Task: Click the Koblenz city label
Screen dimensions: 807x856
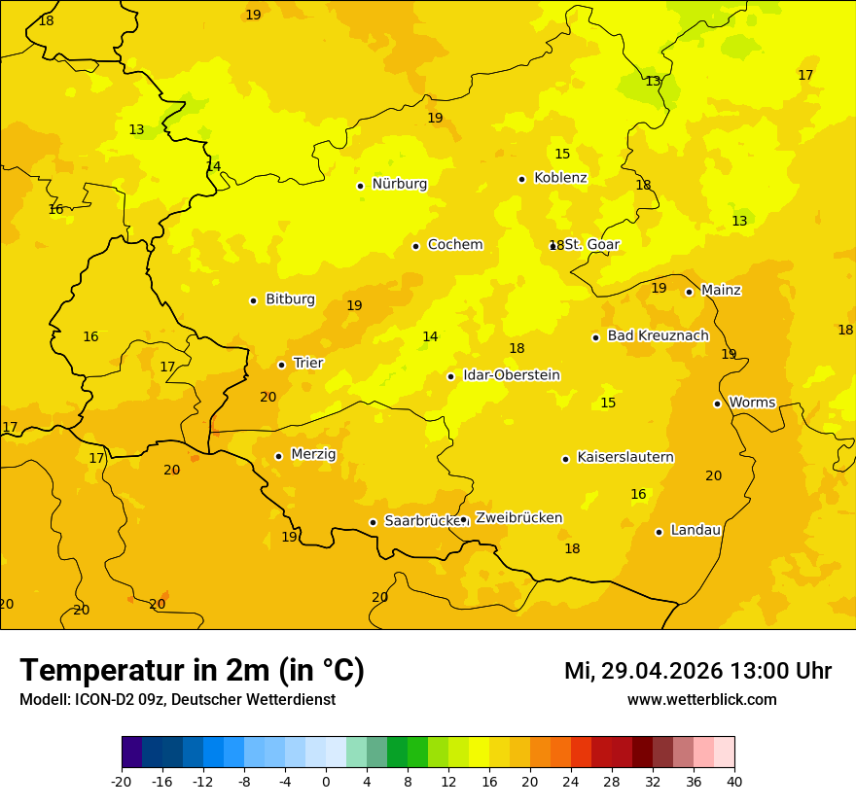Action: pyautogui.click(x=560, y=178)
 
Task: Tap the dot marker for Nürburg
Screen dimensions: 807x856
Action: pyautogui.click(x=360, y=186)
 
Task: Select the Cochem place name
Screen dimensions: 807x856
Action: pyautogui.click(x=455, y=245)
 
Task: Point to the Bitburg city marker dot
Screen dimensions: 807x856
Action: pyautogui.click(x=253, y=300)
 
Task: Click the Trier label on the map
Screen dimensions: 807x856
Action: pyautogui.click(x=308, y=364)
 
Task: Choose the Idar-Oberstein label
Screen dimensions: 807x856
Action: pyautogui.click(x=512, y=375)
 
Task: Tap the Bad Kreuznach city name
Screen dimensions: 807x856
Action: pyautogui.click(x=658, y=336)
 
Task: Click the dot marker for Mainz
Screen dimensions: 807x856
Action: pyautogui.click(x=689, y=292)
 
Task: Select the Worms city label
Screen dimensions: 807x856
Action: pyautogui.click(x=752, y=403)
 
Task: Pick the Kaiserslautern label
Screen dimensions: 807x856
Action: pyautogui.click(x=625, y=458)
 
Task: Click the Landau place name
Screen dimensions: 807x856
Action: pyautogui.click(x=695, y=531)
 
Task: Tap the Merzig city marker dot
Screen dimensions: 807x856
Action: pyautogui.click(x=278, y=456)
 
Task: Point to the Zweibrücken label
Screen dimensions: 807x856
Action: pyautogui.click(x=518, y=518)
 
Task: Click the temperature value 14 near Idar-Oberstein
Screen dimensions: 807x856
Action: pyautogui.click(x=430, y=337)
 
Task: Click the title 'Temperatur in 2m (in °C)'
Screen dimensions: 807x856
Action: pyautogui.click(x=193, y=671)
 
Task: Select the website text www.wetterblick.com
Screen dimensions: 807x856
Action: pyautogui.click(x=701, y=700)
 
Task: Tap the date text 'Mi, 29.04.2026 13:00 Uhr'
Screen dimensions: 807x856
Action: pyautogui.click(x=697, y=671)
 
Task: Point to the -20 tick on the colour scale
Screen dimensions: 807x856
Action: pyautogui.click(x=121, y=781)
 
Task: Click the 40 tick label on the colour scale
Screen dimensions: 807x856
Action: pyautogui.click(x=734, y=781)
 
